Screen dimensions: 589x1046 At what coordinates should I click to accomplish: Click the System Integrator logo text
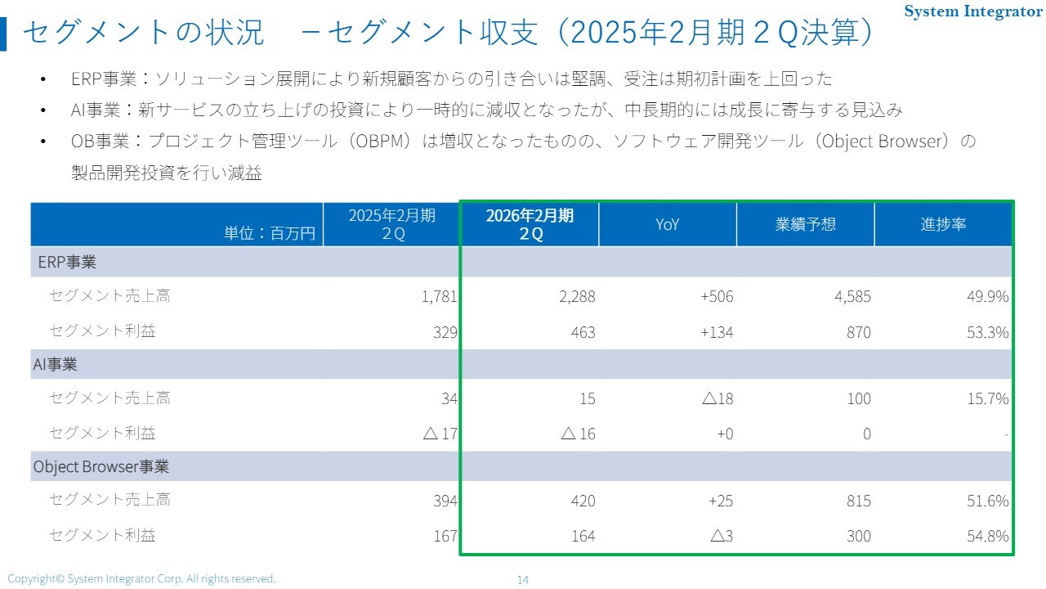(973, 11)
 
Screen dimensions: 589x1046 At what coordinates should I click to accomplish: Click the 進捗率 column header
(943, 224)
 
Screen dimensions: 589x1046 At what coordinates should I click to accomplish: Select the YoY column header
(668, 224)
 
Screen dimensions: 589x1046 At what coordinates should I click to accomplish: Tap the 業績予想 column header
(805, 224)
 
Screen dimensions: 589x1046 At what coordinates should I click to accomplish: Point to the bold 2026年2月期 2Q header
(530, 224)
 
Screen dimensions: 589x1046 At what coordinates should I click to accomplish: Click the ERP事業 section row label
(67, 263)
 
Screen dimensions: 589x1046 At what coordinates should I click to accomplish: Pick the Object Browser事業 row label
(101, 466)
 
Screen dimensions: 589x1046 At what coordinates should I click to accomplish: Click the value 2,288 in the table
(577, 297)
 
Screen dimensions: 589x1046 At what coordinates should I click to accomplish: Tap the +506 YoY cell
(717, 297)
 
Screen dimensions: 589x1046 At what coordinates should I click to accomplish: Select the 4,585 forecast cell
(852, 297)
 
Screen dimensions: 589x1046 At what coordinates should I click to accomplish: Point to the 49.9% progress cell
(988, 297)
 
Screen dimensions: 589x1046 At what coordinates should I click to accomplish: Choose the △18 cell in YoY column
(717, 398)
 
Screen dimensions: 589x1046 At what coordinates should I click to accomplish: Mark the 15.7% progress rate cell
(988, 398)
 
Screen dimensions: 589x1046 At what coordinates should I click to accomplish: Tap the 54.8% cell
(988, 537)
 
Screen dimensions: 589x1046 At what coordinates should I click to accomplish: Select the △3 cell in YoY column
(722, 537)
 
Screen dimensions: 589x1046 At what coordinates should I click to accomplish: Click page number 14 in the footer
(523, 580)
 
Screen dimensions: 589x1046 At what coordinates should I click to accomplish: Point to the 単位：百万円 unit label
(270, 233)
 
